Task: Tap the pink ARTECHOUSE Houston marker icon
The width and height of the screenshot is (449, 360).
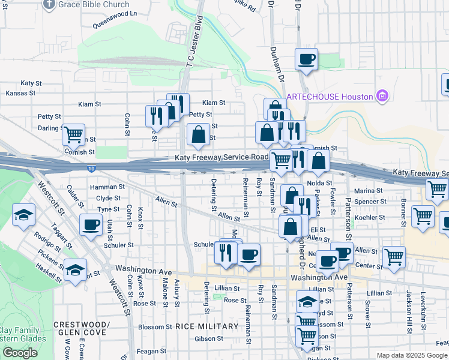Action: (382, 96)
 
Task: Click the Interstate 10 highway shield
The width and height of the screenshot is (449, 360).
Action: (89, 169)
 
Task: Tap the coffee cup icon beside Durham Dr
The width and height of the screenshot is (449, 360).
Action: (306, 59)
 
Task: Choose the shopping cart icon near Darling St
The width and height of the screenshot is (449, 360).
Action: (73, 135)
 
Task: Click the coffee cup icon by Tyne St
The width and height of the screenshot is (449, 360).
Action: (91, 225)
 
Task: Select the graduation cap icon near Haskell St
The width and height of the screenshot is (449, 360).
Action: (76, 270)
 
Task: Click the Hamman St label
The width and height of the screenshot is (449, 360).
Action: (107, 187)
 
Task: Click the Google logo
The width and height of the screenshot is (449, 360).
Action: (20, 353)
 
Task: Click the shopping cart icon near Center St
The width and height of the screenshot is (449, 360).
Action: (394, 257)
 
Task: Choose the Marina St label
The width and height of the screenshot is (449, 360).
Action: (368, 191)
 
